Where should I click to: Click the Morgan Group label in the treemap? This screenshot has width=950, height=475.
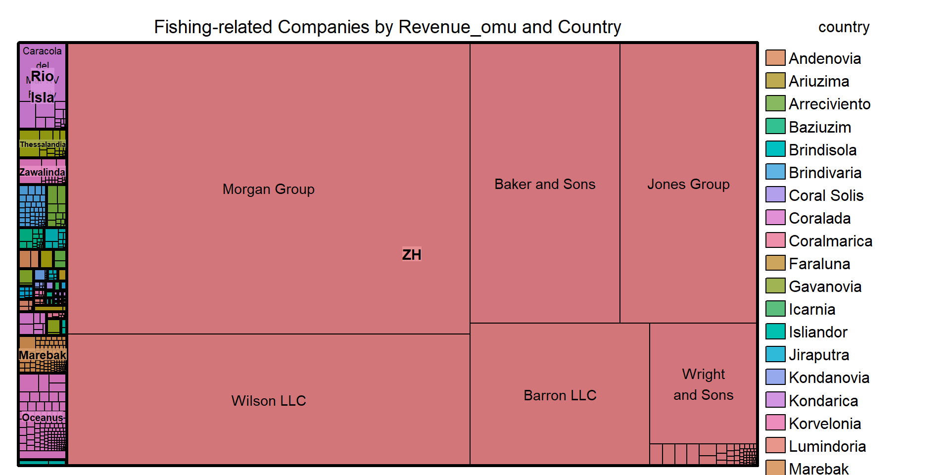(x=268, y=189)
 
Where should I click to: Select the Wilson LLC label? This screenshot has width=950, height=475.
(x=268, y=400)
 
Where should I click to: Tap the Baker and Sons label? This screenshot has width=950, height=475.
(x=545, y=184)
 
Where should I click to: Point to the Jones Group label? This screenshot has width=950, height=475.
(x=688, y=184)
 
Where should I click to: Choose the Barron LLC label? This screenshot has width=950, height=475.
(x=560, y=395)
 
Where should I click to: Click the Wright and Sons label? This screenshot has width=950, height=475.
(x=703, y=384)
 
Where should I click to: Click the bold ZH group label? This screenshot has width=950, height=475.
(x=411, y=254)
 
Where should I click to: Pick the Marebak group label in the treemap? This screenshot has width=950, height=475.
(x=43, y=355)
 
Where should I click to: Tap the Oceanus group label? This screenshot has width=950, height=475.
(x=43, y=418)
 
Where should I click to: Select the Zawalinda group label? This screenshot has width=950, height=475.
(x=43, y=172)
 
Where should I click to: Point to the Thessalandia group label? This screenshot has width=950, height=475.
(x=43, y=144)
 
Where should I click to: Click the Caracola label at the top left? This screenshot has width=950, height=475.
(x=42, y=51)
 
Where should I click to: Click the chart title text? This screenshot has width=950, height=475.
(x=387, y=27)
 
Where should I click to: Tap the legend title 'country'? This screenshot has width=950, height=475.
(x=844, y=27)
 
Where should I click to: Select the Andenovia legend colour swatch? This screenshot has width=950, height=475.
(x=775, y=58)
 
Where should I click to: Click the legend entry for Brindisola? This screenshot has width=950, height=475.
(x=822, y=149)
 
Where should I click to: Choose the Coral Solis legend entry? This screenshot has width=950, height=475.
(x=826, y=195)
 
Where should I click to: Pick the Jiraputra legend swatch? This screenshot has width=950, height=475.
(x=775, y=354)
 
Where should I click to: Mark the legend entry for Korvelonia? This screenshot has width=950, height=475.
(x=825, y=423)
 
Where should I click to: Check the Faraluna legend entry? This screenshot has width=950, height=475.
(x=819, y=263)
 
